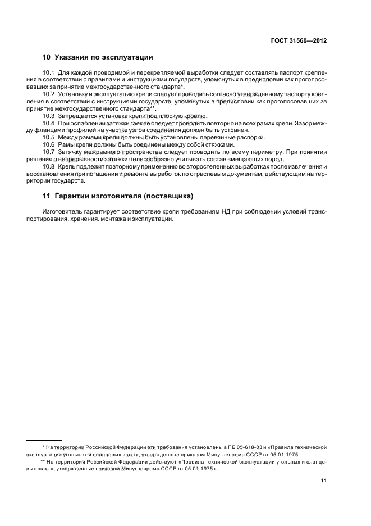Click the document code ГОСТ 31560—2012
298,40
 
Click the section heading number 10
46,57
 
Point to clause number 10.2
48,94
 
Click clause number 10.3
48,115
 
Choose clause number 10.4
48,123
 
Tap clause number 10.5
48,137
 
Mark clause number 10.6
48,144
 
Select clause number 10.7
48,152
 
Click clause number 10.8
48,166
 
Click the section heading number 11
46,196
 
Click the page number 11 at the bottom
324,481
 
